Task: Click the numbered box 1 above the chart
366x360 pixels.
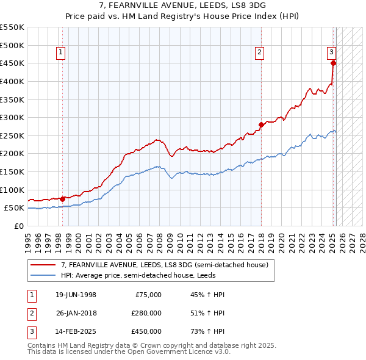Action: tap(62, 53)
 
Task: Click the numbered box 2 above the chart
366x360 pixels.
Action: tap(259, 53)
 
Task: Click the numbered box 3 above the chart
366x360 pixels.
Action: tap(331, 52)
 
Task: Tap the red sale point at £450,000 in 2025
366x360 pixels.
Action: tap(333, 63)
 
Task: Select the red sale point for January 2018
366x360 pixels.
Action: tap(261, 124)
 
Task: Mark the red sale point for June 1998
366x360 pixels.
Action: tap(63, 198)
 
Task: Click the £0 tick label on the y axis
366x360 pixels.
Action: tap(18, 226)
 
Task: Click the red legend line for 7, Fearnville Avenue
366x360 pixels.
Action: tap(44, 265)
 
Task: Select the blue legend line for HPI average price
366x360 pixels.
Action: tap(44, 275)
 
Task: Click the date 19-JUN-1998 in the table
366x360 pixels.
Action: tap(76, 295)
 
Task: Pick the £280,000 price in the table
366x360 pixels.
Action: tap(146, 313)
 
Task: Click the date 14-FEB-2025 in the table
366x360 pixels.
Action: tap(76, 331)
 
